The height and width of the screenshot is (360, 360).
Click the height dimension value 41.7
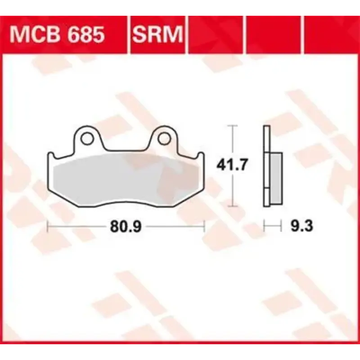click(x=232, y=165)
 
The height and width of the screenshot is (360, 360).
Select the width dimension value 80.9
click(x=126, y=227)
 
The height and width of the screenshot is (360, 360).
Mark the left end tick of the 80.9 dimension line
click(x=48, y=226)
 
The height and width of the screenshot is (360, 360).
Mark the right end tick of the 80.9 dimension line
click(x=204, y=226)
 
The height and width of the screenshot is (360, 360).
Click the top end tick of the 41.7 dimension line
click(x=232, y=126)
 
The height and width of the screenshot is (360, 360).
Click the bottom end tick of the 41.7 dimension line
click(x=232, y=207)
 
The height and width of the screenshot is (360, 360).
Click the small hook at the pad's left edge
click(x=51, y=156)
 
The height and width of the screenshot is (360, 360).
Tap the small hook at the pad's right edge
click(x=201, y=156)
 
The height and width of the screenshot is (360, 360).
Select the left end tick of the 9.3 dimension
click(x=265, y=226)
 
